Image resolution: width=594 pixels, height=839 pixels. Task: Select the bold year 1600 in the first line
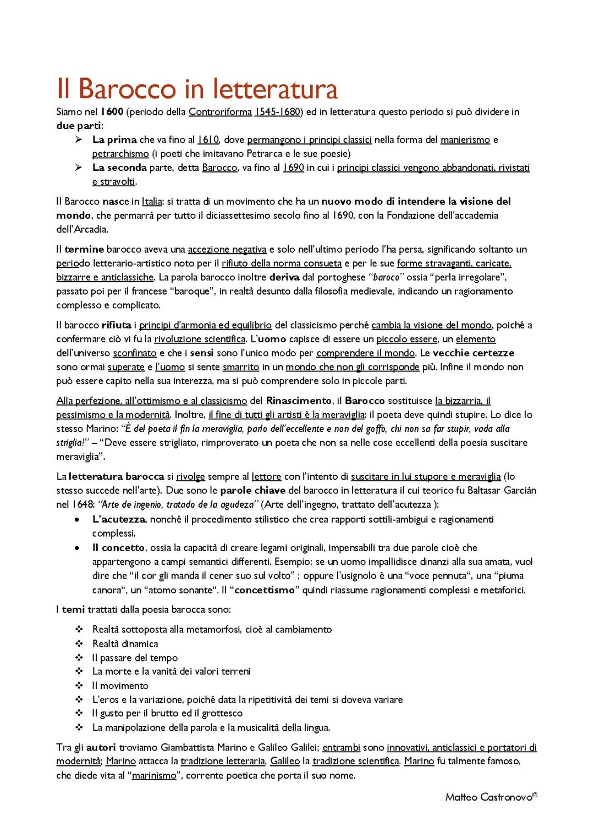click(112, 112)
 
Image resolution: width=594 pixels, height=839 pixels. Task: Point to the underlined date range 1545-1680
click(278, 112)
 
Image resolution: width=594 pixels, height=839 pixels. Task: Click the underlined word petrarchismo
click(120, 154)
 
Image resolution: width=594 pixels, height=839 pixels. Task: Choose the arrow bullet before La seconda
click(79, 168)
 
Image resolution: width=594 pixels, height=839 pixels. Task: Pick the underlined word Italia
click(152, 202)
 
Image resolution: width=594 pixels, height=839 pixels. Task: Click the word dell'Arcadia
click(82, 230)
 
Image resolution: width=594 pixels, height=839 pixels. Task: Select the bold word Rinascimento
click(299, 401)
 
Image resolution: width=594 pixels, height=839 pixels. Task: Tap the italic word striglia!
click(73, 443)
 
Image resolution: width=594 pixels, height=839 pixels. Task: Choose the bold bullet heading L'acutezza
click(118, 519)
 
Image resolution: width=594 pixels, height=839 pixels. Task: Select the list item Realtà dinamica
click(125, 644)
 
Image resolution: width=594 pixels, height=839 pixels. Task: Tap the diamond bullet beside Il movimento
click(79, 686)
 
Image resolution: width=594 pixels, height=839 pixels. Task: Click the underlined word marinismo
click(154, 776)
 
